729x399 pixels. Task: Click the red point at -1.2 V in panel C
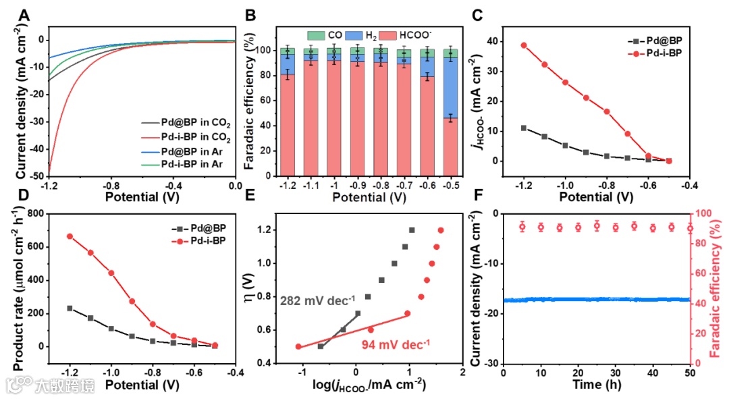(524, 45)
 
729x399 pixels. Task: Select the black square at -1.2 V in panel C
(524, 128)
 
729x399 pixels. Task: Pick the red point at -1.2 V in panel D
(70, 236)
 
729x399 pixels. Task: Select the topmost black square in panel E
(412, 230)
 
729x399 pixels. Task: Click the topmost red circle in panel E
(441, 230)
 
